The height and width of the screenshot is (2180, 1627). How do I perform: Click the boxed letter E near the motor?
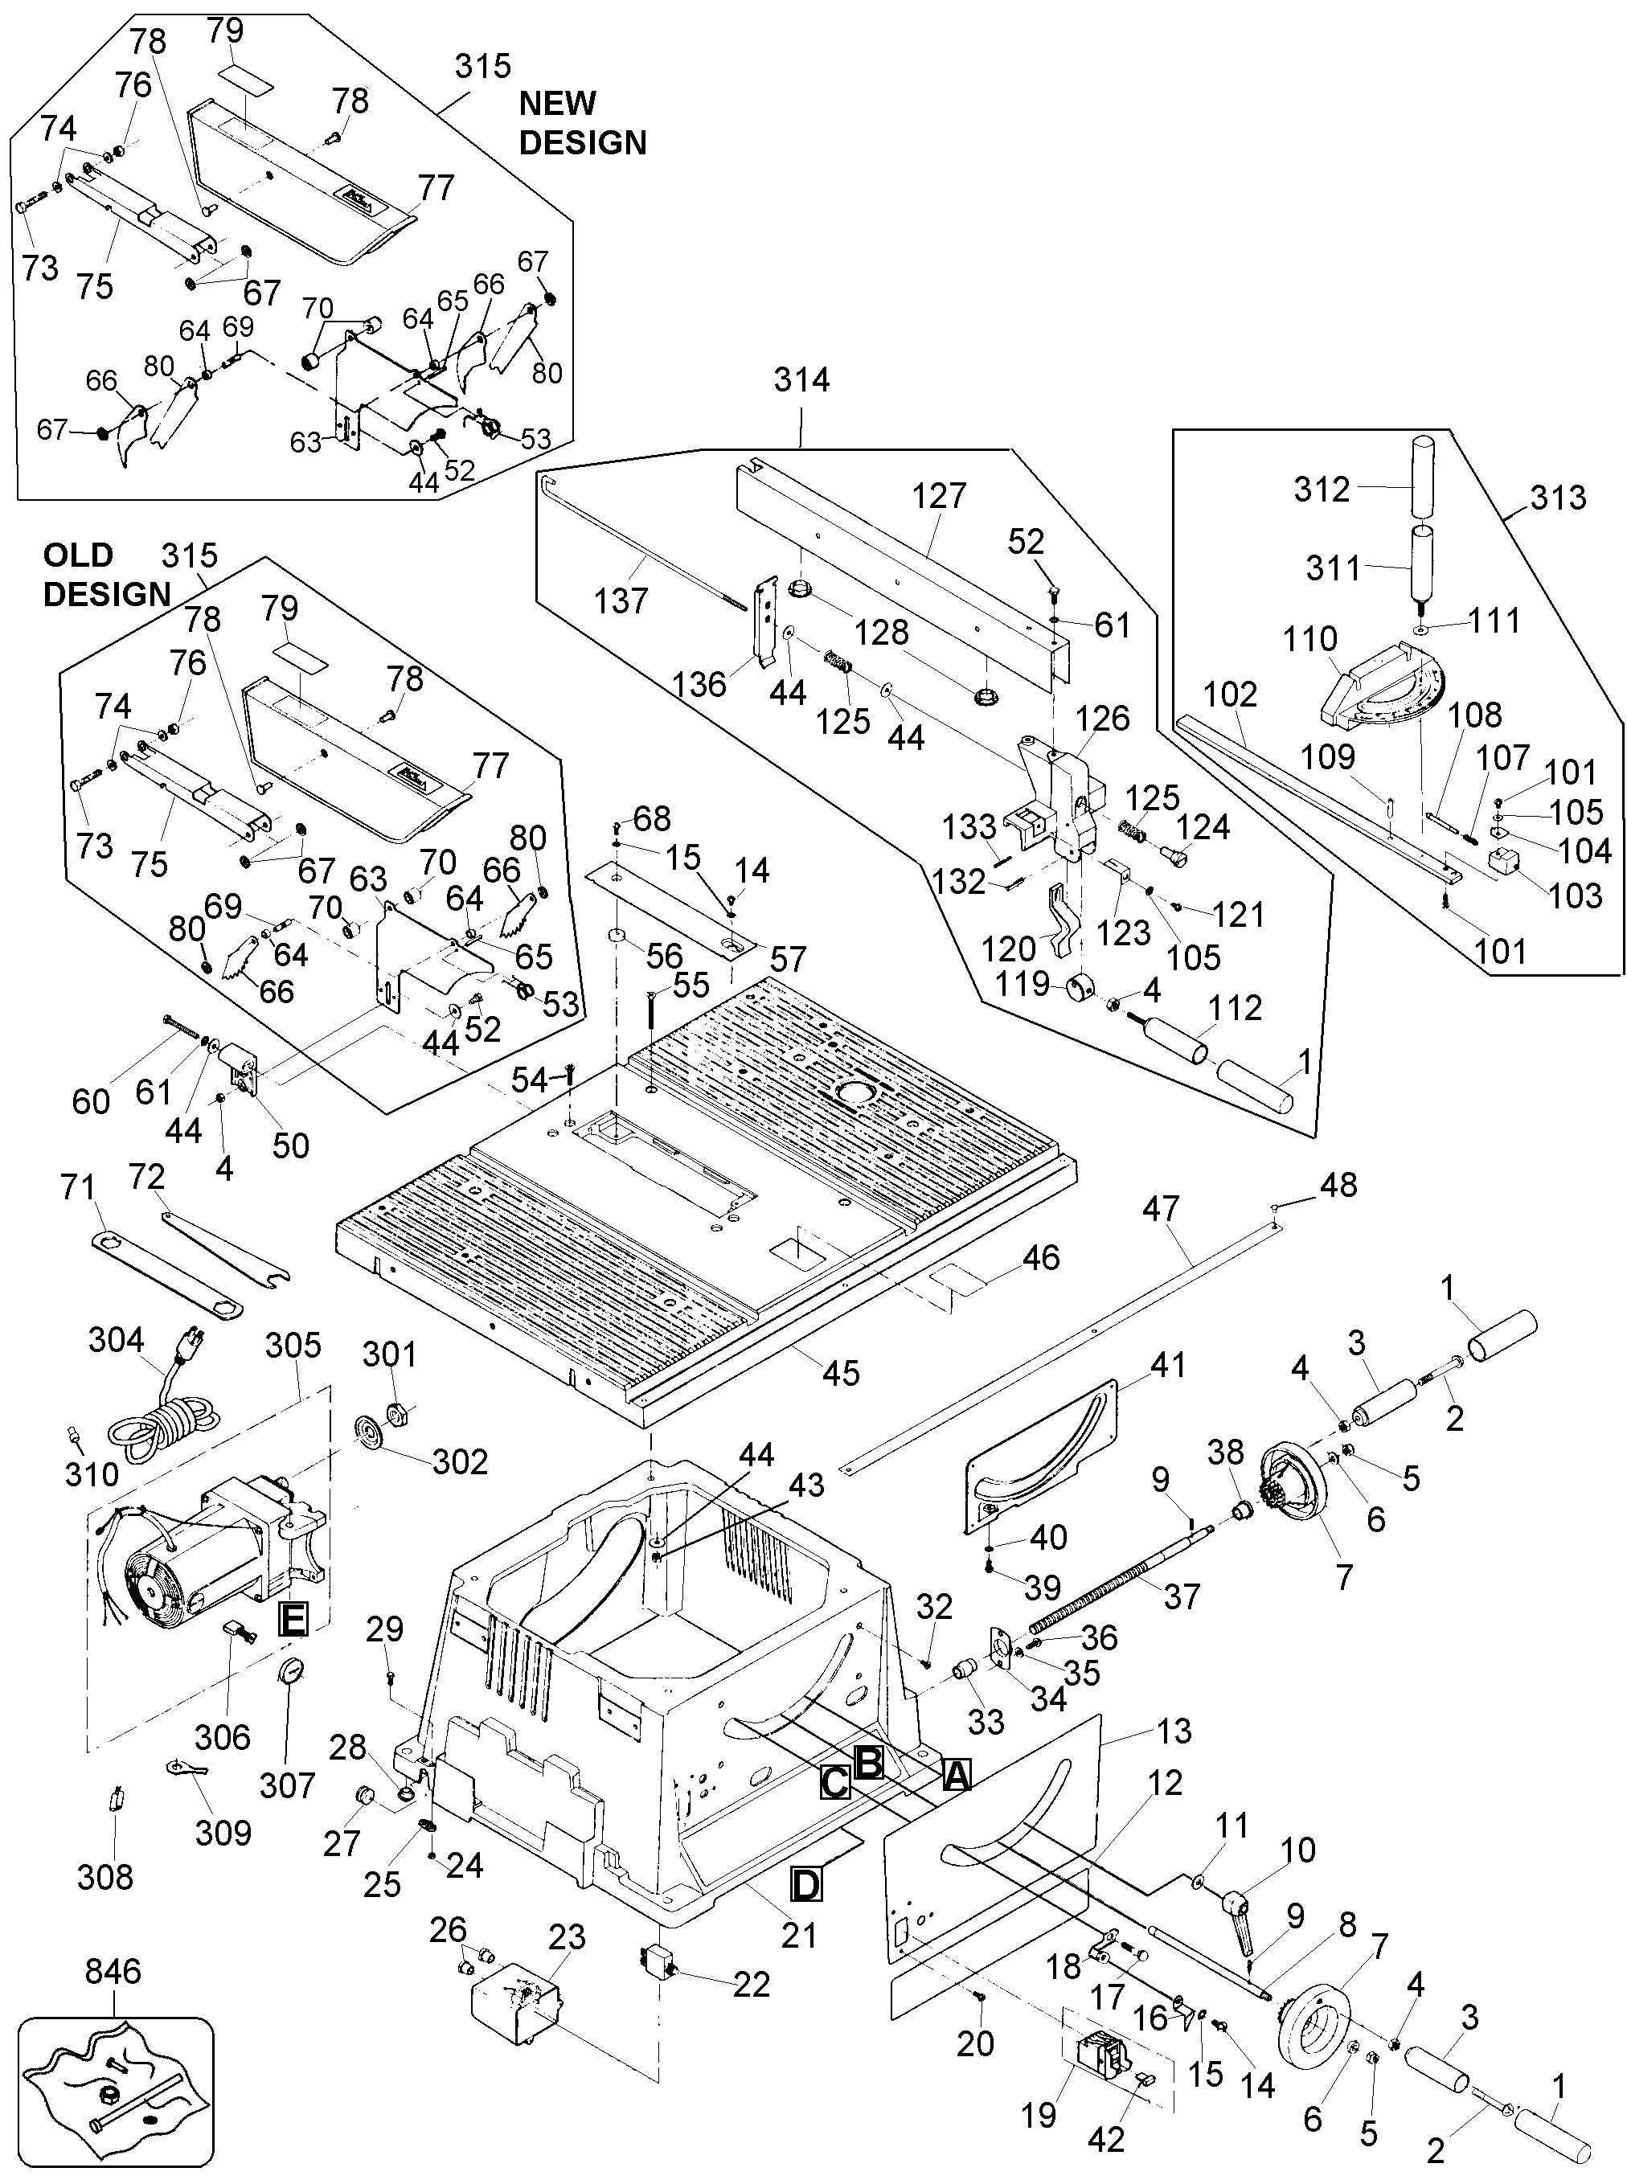[x=293, y=1619]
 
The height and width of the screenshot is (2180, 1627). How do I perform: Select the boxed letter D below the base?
[x=805, y=1885]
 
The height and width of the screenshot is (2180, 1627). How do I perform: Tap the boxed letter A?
[x=955, y=1774]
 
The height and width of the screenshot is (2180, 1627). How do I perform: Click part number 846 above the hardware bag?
[x=113, y=1971]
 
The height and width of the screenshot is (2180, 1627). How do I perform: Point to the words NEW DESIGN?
[x=582, y=123]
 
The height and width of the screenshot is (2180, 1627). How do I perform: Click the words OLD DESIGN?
[x=106, y=575]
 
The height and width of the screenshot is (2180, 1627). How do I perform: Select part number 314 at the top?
[x=801, y=380]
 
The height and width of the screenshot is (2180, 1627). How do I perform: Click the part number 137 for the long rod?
[x=621, y=600]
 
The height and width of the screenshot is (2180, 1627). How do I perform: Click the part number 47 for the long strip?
[x=1160, y=1209]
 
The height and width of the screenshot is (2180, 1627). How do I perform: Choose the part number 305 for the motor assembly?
[x=293, y=1345]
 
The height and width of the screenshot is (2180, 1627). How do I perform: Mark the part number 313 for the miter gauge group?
[x=1557, y=498]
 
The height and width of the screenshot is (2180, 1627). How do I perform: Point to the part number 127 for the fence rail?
[x=939, y=495]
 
